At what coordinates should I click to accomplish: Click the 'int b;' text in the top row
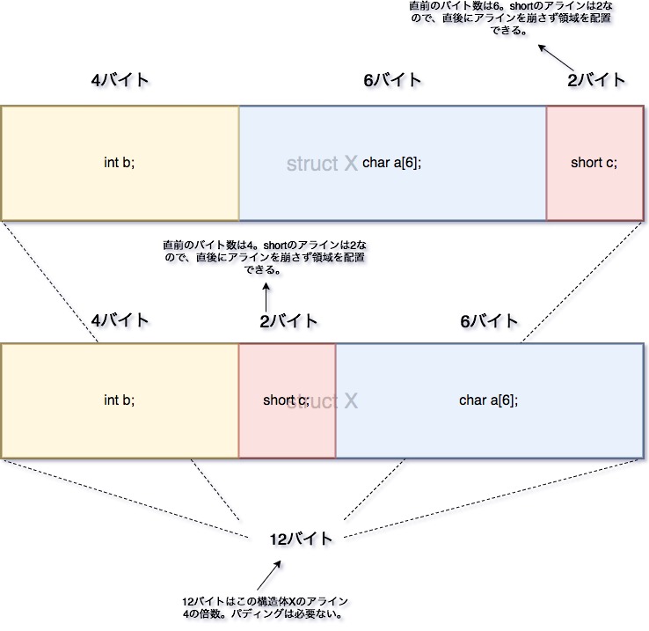(x=120, y=163)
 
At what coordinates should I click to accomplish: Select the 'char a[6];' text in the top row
(x=391, y=163)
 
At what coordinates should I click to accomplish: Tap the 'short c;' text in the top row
(x=594, y=163)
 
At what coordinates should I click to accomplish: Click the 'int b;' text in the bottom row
(x=120, y=400)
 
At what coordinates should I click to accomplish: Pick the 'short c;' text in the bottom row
(x=286, y=400)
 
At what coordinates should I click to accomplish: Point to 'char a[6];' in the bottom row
(x=488, y=400)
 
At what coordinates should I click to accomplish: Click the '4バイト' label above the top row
(x=120, y=80)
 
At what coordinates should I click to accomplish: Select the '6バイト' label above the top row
(x=392, y=80)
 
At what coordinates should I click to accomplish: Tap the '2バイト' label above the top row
(x=596, y=80)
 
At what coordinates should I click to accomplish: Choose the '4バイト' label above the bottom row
(x=120, y=320)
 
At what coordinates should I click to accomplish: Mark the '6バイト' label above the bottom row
(x=489, y=320)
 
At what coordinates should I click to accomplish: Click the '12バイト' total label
(x=302, y=539)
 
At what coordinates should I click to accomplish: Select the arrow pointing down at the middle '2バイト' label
(x=265, y=296)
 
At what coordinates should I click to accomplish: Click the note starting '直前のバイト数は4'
(x=264, y=257)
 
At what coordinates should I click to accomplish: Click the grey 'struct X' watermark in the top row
(x=322, y=164)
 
